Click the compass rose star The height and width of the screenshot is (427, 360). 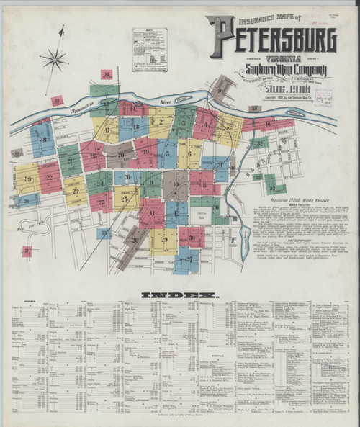click(54, 58)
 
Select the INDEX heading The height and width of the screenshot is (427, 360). click(179, 295)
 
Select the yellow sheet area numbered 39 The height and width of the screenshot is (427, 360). click(27, 179)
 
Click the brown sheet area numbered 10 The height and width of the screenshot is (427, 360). click(175, 185)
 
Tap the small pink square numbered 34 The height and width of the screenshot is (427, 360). click(107, 74)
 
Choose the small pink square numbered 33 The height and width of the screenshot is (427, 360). click(57, 100)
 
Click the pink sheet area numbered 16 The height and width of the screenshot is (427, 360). click(268, 124)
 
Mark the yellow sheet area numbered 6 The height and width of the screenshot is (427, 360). click(189, 153)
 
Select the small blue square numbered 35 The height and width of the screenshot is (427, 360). click(104, 233)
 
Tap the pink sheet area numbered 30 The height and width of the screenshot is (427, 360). click(192, 237)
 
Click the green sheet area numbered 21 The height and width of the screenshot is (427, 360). click(70, 161)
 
